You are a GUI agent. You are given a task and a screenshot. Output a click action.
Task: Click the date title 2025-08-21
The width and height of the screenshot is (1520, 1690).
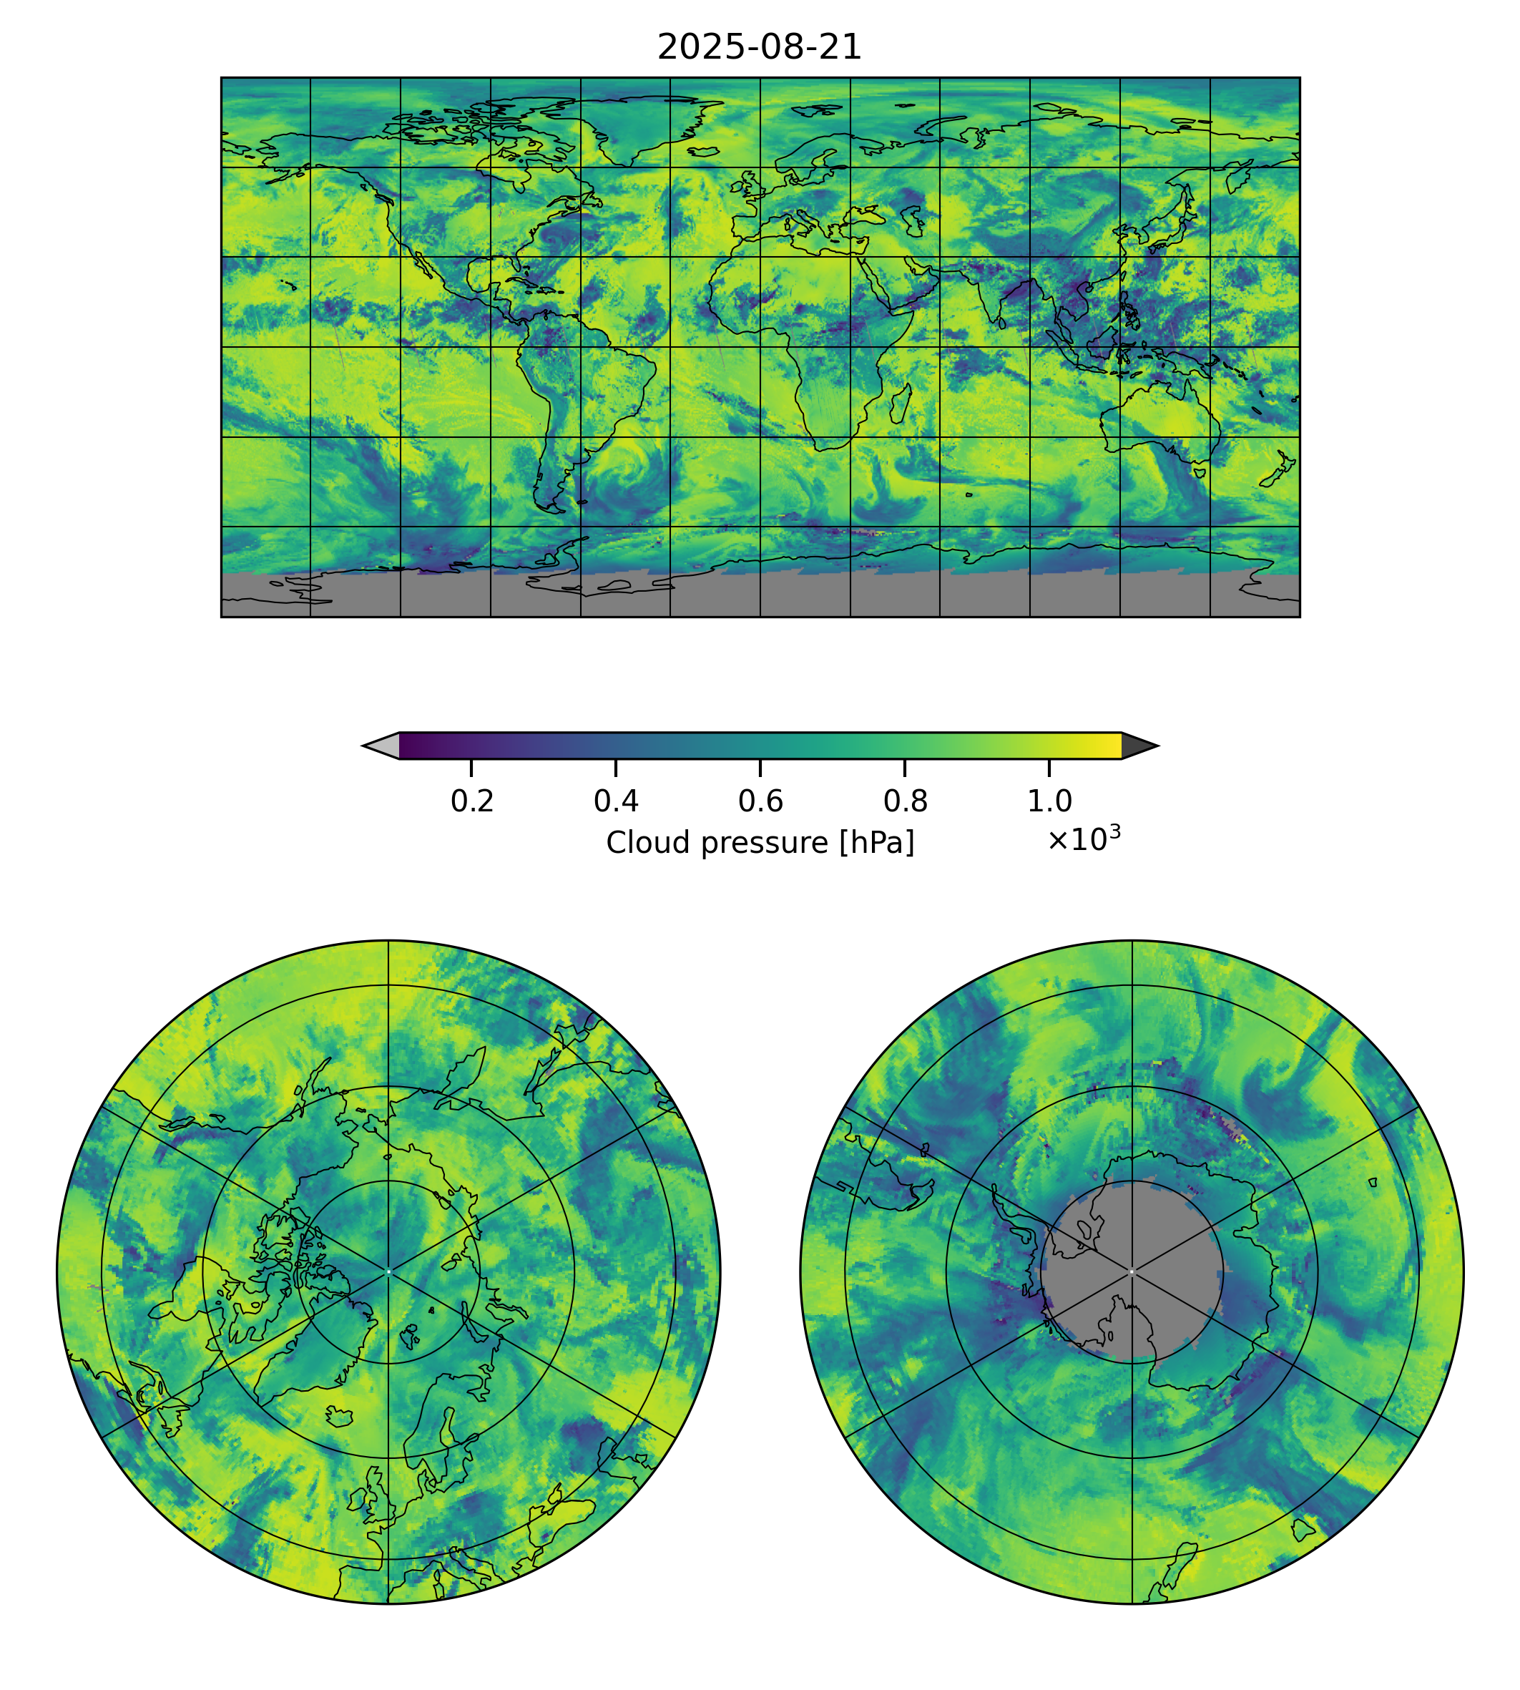tap(759, 48)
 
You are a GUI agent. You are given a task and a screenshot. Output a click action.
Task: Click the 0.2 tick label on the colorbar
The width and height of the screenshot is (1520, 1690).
tap(472, 801)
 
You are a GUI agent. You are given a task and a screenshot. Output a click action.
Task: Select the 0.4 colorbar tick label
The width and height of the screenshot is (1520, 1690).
tap(616, 801)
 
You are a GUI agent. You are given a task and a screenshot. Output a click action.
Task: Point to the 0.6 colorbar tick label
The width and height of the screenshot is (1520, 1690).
tap(760, 801)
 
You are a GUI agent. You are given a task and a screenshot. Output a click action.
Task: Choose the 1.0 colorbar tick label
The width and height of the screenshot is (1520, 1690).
tap(1049, 801)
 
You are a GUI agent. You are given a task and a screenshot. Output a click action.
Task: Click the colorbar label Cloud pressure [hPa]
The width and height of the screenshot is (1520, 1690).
tap(760, 843)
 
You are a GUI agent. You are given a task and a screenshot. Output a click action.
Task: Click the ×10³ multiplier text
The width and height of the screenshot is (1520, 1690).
tap(1083, 839)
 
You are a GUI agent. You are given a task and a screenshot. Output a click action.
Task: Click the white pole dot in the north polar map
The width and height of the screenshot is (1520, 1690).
tap(388, 1271)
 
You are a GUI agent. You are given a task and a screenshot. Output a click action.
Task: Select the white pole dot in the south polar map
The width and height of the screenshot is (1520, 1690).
tap(1132, 1271)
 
